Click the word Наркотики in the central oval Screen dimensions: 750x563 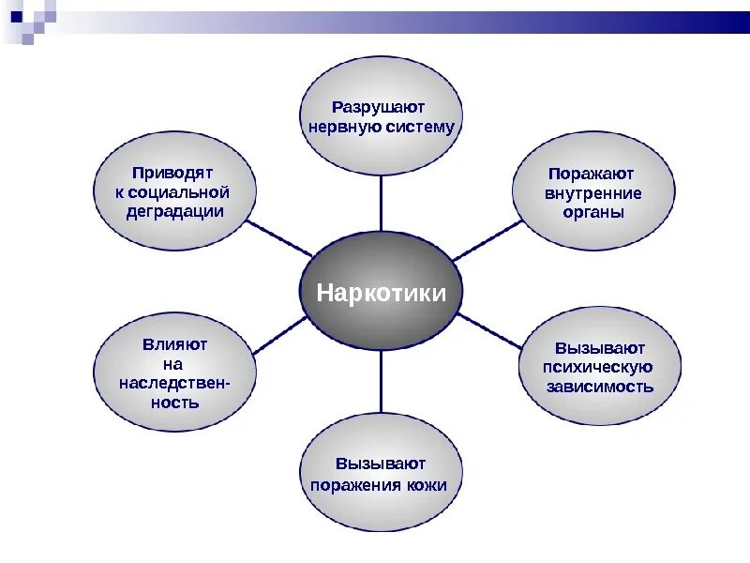tap(381, 292)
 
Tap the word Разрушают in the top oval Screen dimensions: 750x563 tap(381, 107)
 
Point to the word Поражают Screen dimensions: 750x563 tap(592, 174)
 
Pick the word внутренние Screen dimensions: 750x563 tap(592, 193)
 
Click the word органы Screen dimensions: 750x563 tap(593, 212)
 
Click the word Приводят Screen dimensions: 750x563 tap(173, 173)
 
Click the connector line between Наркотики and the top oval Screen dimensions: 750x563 tap(381, 204)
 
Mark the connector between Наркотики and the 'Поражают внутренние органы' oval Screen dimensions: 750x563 tap(487, 239)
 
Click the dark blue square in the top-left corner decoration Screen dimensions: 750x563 tap(16, 16)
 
